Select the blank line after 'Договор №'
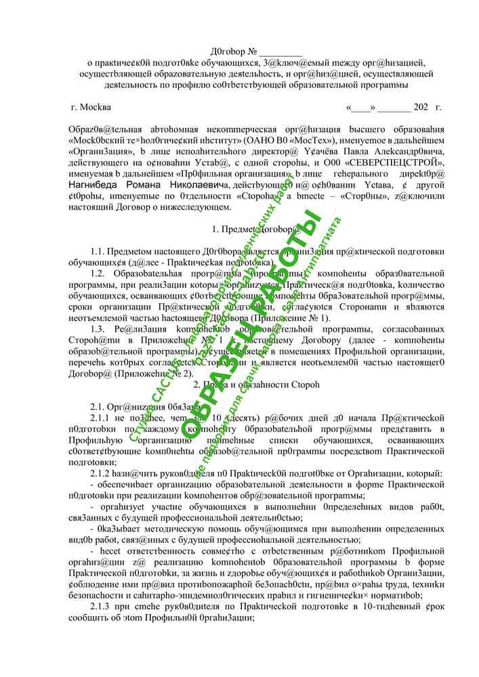click(281, 51)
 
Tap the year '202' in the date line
click(420, 108)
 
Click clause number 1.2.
click(99, 274)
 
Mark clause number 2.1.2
click(102, 473)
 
